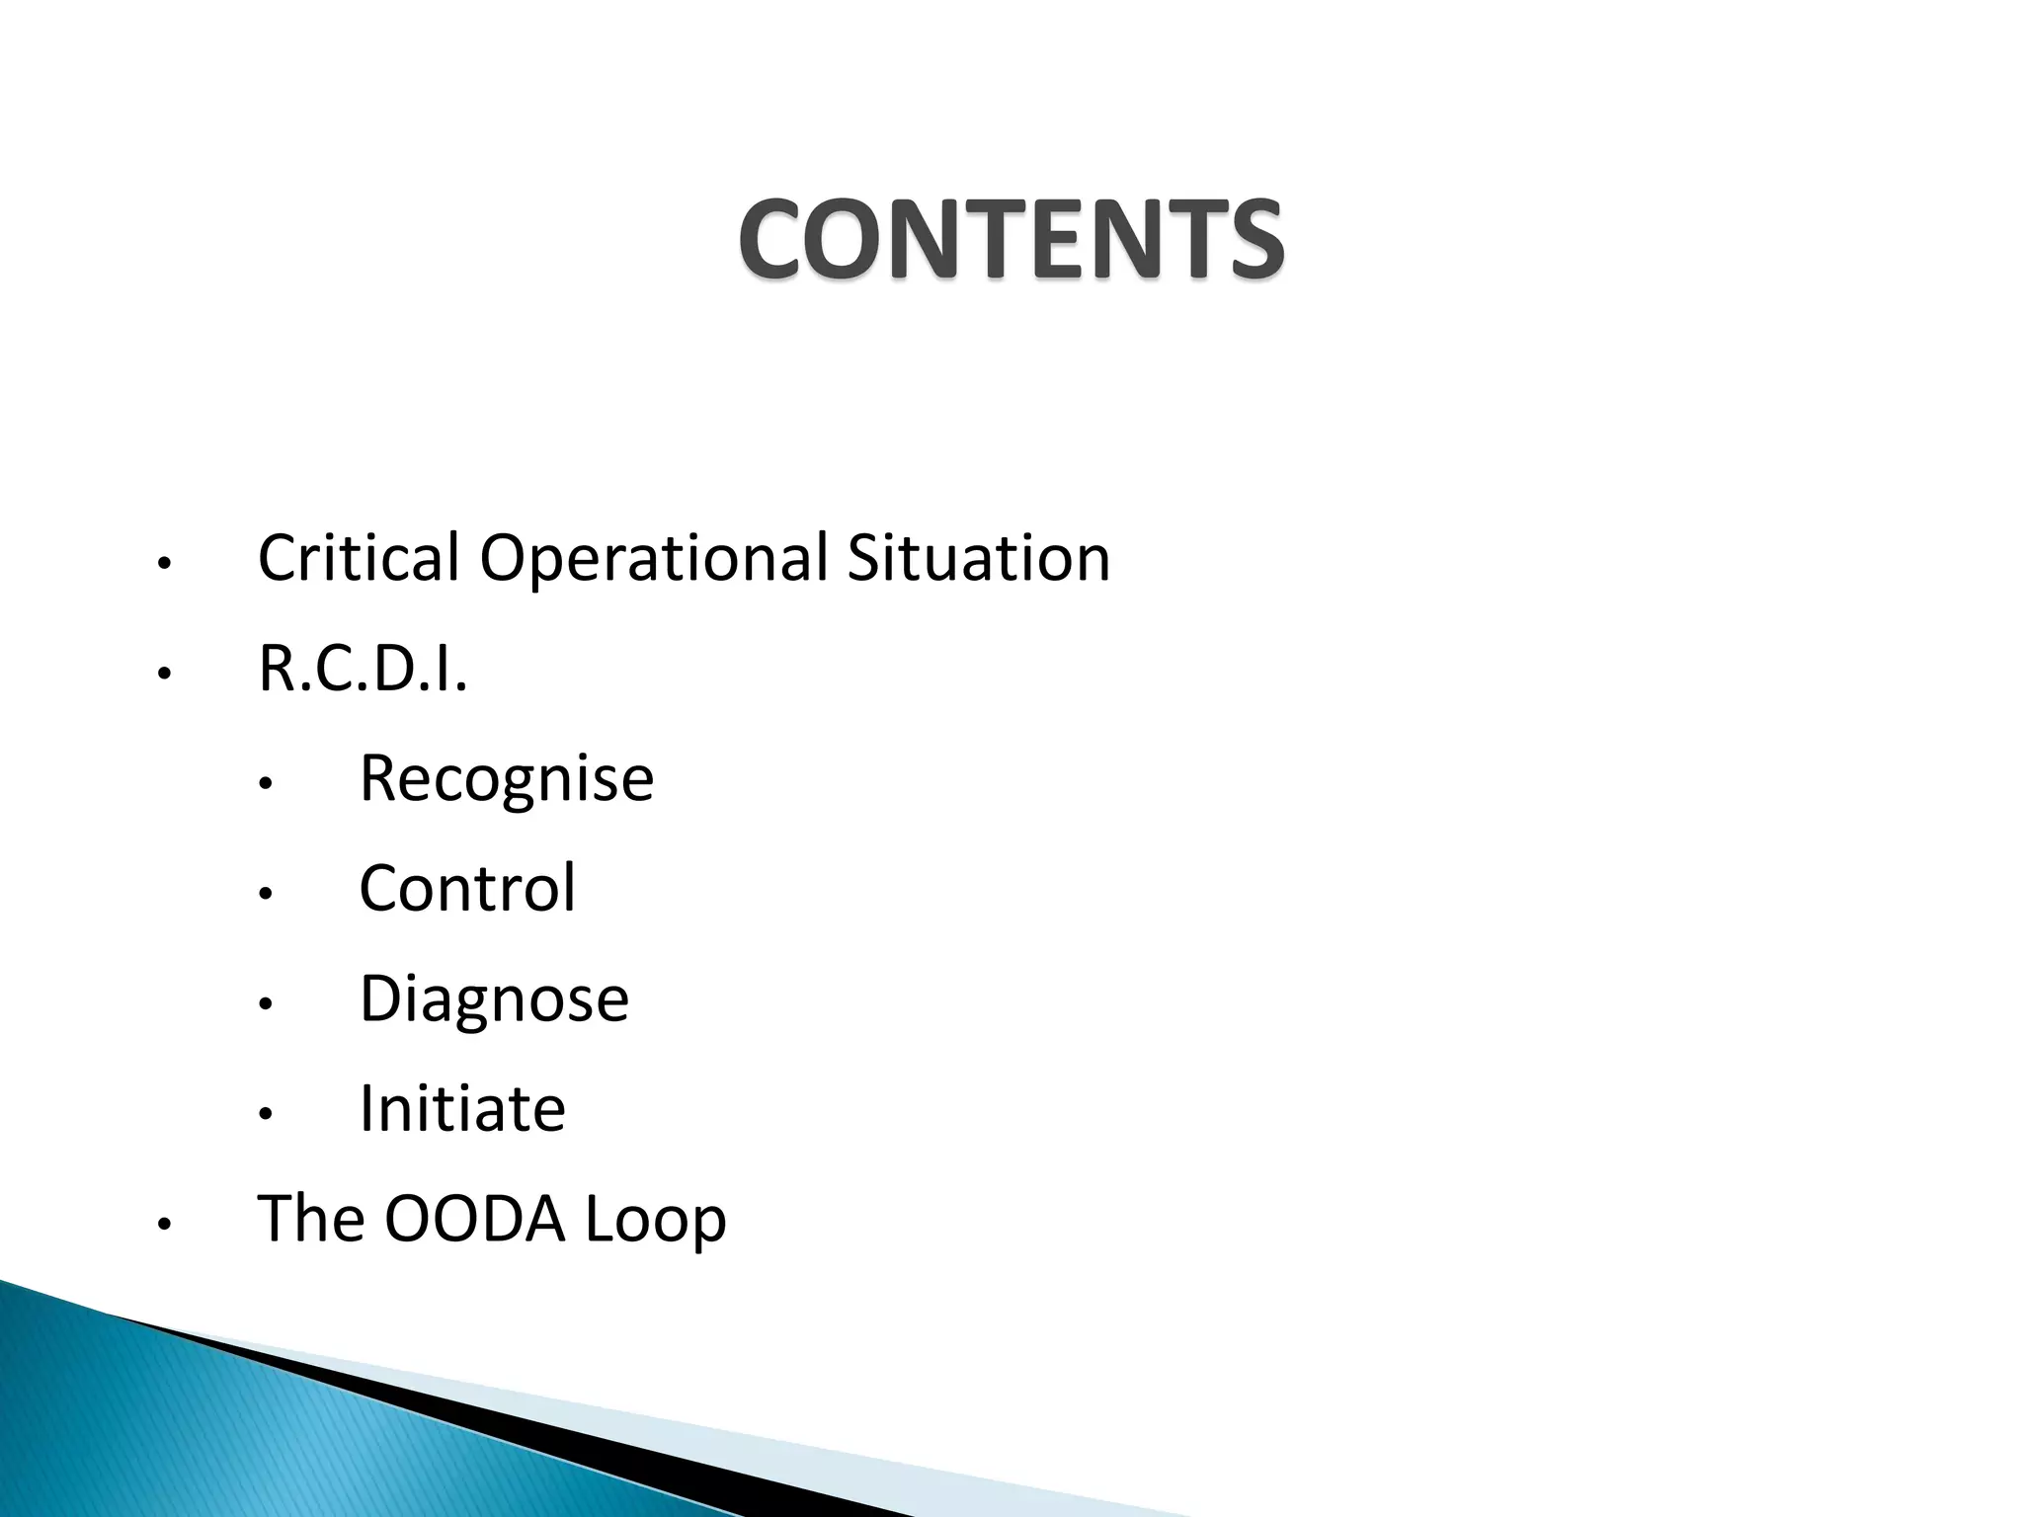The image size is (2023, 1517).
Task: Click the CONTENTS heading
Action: [1011, 239]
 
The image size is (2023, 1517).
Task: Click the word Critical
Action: [359, 558]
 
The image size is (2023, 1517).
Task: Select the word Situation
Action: [978, 558]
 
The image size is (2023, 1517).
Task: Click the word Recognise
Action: [506, 778]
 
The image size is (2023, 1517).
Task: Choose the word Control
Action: [467, 888]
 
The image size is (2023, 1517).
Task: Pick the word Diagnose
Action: [494, 998]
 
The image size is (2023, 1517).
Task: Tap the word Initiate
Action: [462, 1108]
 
